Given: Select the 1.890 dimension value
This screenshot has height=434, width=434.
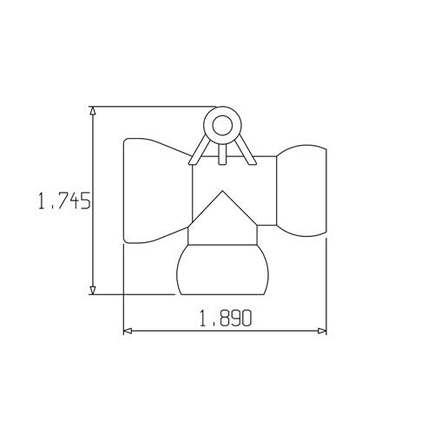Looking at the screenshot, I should pyautogui.click(x=225, y=319).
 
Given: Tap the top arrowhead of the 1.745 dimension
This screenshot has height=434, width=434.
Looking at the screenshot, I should pyautogui.click(x=93, y=111).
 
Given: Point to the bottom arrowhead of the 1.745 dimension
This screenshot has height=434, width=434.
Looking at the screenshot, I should pyautogui.click(x=93, y=290).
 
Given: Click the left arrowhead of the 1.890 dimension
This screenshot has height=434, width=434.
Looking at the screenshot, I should pyautogui.click(x=128, y=331).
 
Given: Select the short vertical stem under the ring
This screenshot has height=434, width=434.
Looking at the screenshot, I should pyautogui.click(x=222, y=153).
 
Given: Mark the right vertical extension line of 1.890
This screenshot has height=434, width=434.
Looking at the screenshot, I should pyautogui.click(x=327, y=286).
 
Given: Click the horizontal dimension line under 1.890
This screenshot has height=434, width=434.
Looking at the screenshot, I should pyautogui.click(x=174, y=331).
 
